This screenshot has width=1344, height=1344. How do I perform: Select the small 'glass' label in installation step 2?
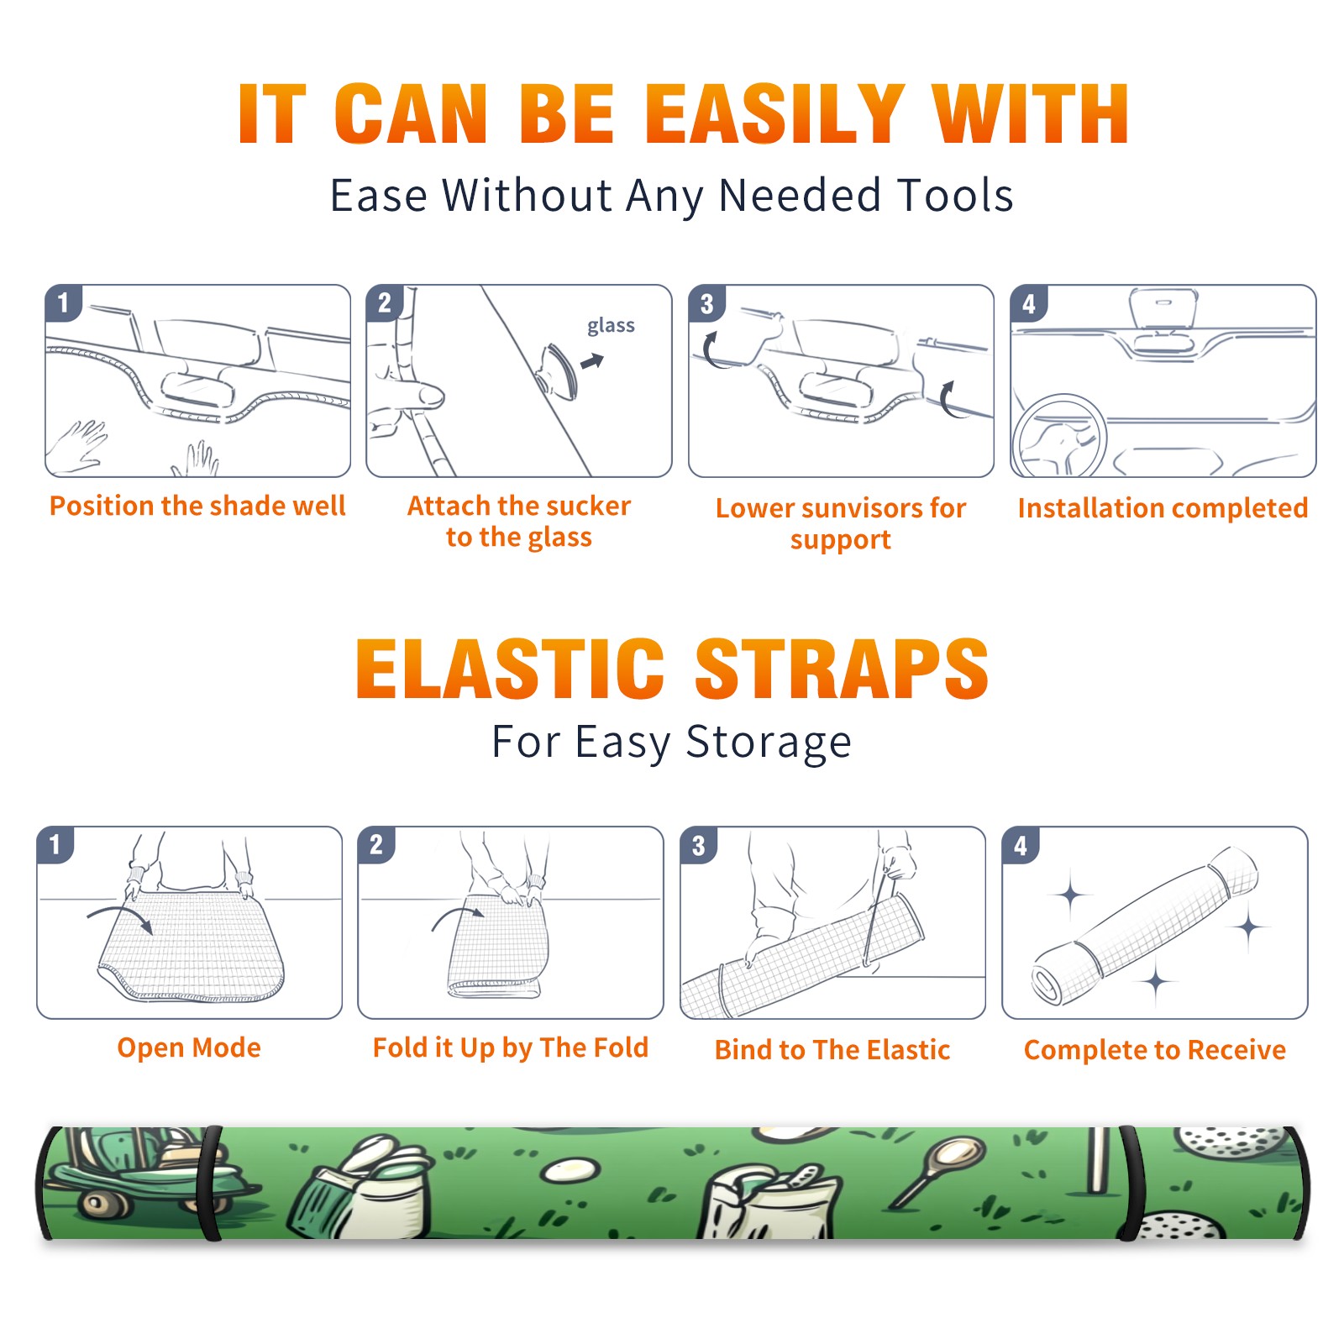[611, 326]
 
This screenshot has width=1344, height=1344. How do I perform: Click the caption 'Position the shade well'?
[197, 506]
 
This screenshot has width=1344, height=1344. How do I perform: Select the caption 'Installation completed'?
[1163, 508]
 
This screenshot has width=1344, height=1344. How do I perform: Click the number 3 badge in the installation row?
[706, 304]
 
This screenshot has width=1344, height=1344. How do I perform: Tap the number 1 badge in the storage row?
[55, 845]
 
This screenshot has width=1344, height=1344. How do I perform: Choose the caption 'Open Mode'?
[189, 1048]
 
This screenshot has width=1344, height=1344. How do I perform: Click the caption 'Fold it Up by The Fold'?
[511, 1047]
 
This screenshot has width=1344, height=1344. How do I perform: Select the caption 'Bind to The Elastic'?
[832, 1050]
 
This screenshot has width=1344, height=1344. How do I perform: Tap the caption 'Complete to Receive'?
[1155, 1050]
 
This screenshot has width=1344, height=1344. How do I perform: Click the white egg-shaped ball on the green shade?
[571, 1169]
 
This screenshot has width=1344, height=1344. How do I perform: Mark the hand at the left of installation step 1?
[77, 448]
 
